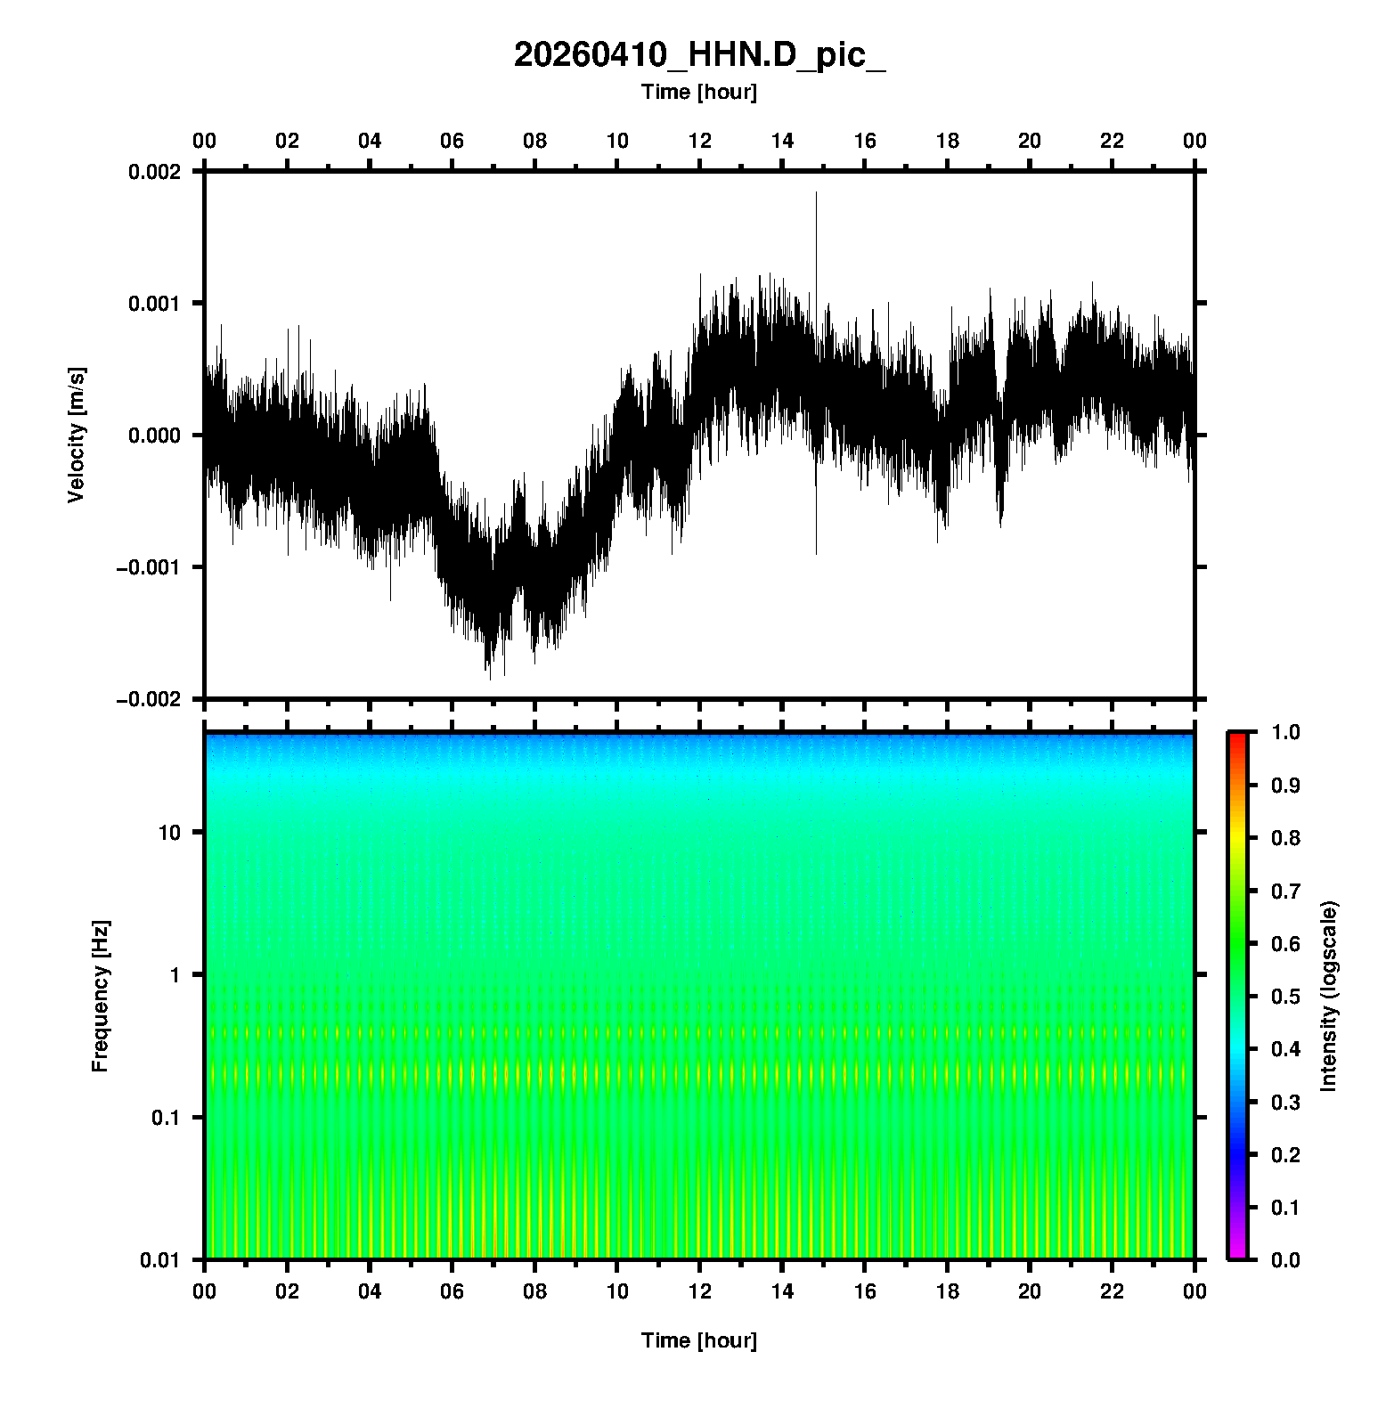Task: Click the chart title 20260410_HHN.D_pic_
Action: pyautogui.click(x=699, y=55)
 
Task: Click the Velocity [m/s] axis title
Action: pyautogui.click(x=77, y=435)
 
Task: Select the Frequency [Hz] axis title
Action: pyautogui.click(x=100, y=997)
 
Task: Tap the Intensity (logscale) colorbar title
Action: pyautogui.click(x=1329, y=996)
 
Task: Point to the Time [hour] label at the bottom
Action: pyautogui.click(x=699, y=1340)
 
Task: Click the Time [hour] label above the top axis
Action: pyautogui.click(x=699, y=92)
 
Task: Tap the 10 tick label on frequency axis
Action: pyautogui.click(x=169, y=833)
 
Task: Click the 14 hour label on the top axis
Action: pyautogui.click(x=782, y=141)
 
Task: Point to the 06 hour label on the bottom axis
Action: pyautogui.click(x=452, y=1291)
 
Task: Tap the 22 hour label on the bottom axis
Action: pyautogui.click(x=1113, y=1291)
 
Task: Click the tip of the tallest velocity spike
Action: pyautogui.click(x=816, y=192)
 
